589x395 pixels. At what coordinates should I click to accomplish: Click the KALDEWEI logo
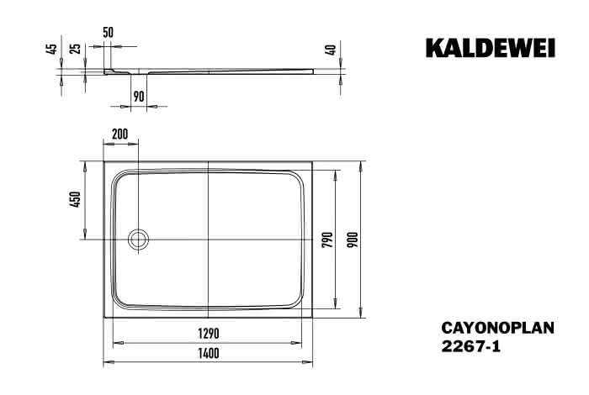[x=491, y=48]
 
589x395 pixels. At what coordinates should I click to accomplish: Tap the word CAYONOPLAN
[x=498, y=328]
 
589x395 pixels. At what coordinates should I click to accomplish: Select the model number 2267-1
[x=471, y=346]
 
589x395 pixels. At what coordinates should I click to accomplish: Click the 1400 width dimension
[x=209, y=353]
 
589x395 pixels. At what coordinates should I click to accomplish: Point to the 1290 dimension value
[x=209, y=334]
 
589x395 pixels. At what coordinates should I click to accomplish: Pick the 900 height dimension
[x=353, y=240]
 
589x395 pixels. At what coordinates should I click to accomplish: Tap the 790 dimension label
[x=327, y=240]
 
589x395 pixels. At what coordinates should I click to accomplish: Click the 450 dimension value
[x=75, y=199]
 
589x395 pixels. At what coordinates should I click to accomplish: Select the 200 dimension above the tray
[x=120, y=134]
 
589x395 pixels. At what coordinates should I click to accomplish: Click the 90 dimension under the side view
[x=139, y=97]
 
